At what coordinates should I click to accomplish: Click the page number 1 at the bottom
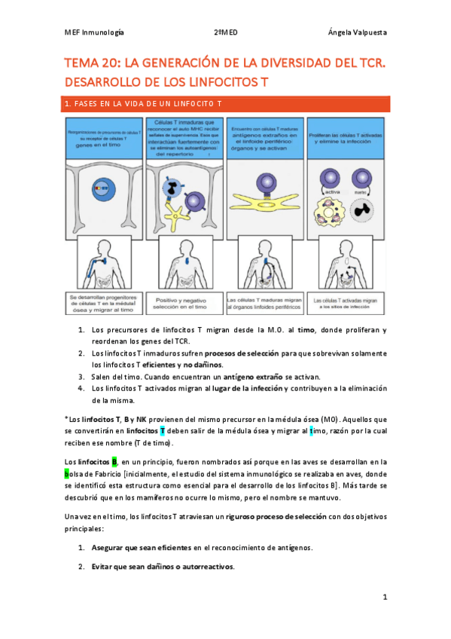click(384, 597)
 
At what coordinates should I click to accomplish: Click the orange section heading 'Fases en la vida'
click(143, 102)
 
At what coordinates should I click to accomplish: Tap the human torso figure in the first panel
click(103, 260)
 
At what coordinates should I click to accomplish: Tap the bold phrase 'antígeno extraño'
click(246, 377)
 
